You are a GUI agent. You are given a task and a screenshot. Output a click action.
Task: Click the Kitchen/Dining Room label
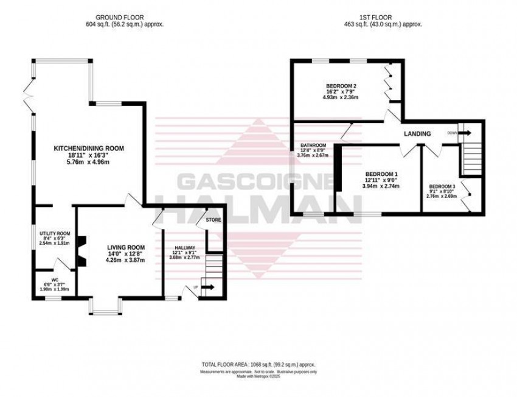89,148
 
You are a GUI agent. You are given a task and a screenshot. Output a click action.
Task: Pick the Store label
213,219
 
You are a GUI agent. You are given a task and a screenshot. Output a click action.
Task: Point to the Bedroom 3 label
442,186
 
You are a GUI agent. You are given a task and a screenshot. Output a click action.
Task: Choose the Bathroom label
311,146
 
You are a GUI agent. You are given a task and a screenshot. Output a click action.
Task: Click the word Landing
417,134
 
